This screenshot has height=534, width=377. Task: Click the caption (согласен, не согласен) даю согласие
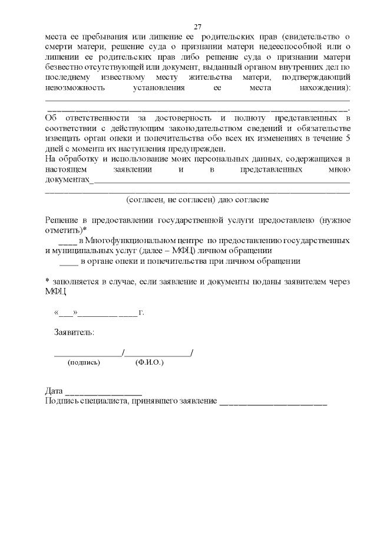tap(197, 199)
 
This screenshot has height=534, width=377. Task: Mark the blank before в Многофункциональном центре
tap(67, 241)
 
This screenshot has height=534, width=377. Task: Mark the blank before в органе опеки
tap(69, 261)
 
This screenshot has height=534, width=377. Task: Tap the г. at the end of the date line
tap(141, 312)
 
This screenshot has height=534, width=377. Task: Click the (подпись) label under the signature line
tap(84, 362)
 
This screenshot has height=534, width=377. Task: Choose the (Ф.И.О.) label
tap(149, 362)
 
